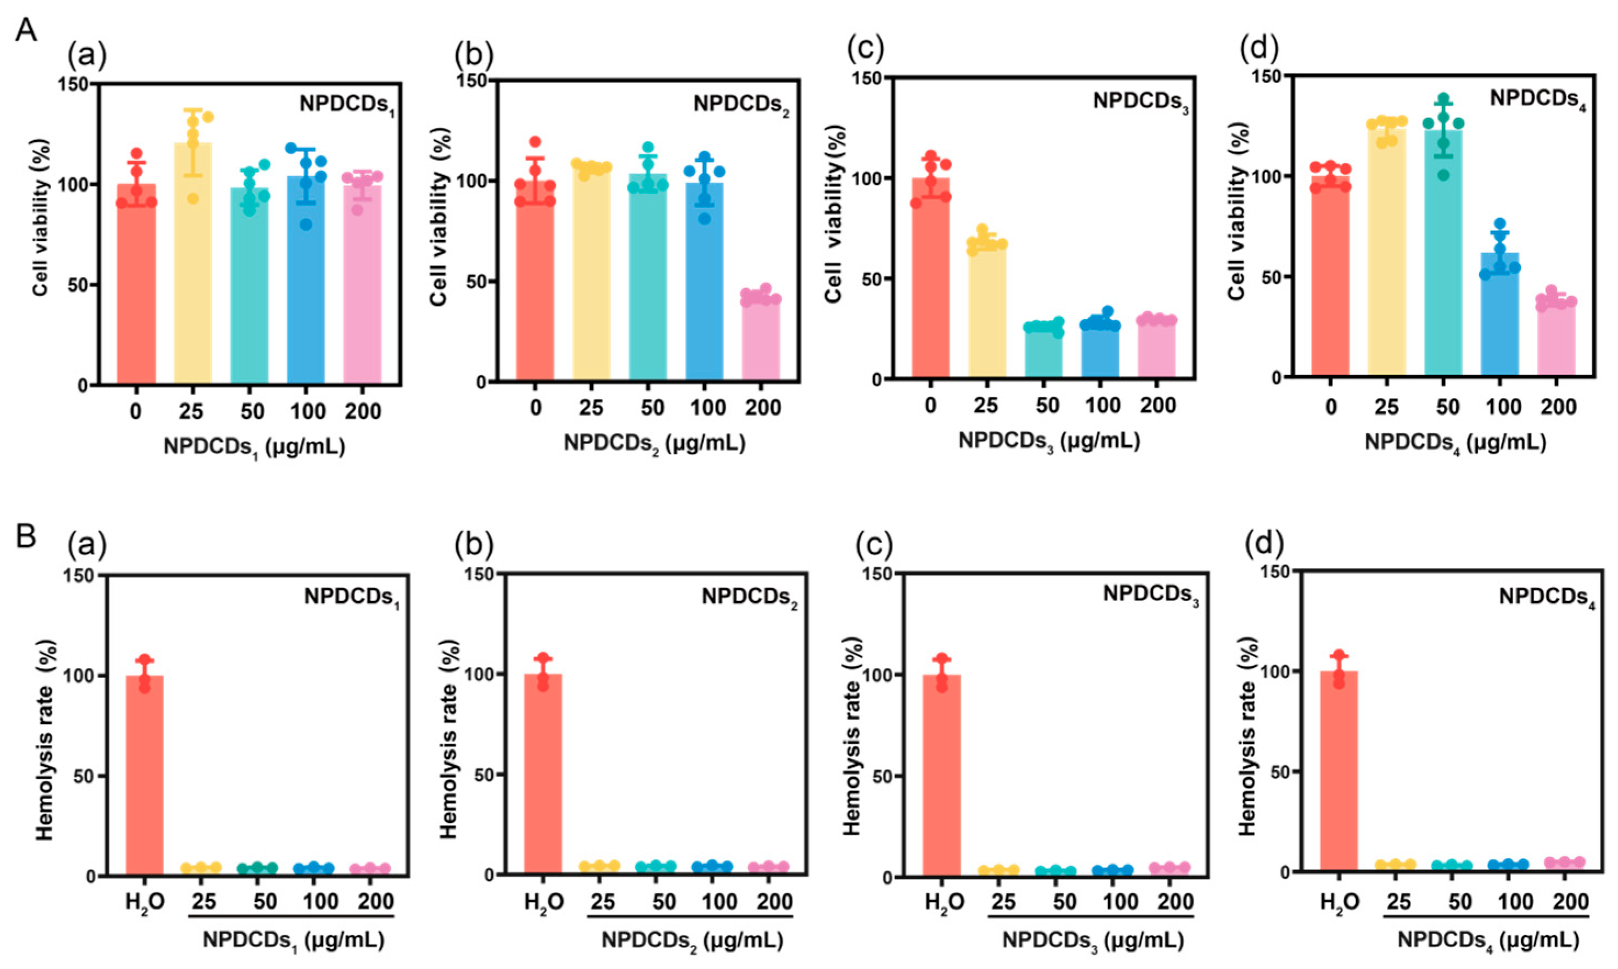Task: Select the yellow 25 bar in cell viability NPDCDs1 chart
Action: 193,263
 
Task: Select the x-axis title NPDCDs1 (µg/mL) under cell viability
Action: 255,447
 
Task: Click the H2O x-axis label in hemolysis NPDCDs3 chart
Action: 945,903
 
